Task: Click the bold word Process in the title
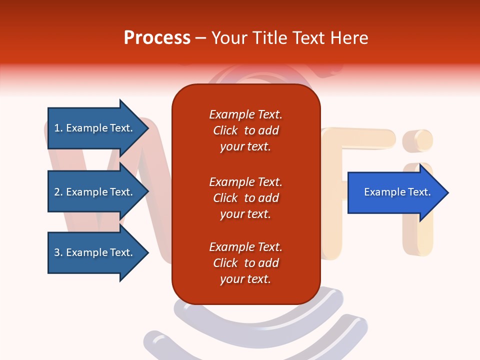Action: [157, 37]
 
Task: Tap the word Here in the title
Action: [349, 37]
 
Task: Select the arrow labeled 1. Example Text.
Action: [93, 128]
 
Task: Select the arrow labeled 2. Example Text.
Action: [93, 192]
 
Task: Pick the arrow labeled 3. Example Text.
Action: [93, 252]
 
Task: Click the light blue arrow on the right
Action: [397, 192]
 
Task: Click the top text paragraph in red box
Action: [245, 130]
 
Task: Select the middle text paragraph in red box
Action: [245, 198]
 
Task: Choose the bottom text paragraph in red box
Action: [245, 263]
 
